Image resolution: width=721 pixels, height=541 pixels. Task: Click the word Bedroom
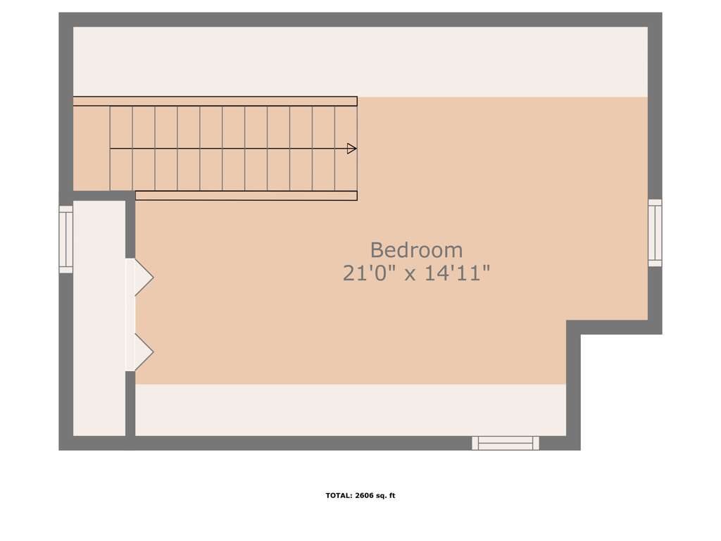(416, 250)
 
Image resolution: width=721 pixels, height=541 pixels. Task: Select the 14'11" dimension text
(456, 273)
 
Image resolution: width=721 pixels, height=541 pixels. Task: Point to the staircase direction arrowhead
(352, 149)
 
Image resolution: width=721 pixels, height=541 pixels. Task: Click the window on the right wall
(655, 232)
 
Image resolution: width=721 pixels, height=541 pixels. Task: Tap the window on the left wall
(65, 240)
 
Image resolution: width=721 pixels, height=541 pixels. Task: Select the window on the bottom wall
(506, 443)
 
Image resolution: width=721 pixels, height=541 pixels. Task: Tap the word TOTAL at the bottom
(339, 495)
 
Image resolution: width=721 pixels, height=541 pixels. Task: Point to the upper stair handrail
(215, 101)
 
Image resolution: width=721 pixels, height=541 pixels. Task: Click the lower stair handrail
(246, 196)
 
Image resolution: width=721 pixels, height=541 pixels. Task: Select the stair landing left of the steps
(92, 148)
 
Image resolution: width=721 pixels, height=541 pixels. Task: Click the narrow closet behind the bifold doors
(99, 318)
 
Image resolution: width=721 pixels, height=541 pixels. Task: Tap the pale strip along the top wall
(360, 62)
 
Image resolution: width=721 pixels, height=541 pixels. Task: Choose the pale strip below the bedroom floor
(351, 410)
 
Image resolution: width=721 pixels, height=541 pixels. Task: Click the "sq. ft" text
(386, 495)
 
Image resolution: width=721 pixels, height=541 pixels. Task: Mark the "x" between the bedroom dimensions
(410, 275)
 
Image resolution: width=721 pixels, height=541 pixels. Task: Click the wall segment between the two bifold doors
(130, 315)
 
